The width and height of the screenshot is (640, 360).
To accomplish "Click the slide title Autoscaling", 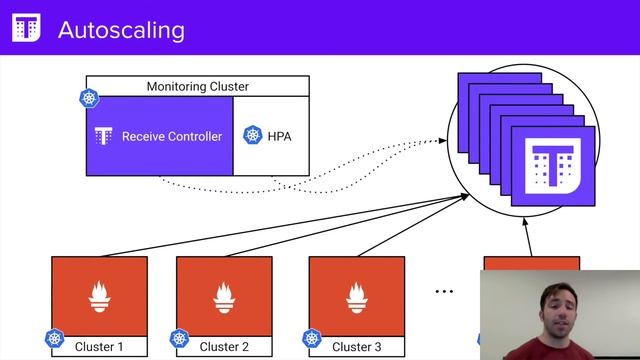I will (x=121, y=29).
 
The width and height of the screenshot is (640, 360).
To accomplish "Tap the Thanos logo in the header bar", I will (x=26, y=29).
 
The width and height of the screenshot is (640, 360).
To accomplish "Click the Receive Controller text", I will (x=172, y=136).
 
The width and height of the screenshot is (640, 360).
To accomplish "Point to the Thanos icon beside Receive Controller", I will (x=102, y=136).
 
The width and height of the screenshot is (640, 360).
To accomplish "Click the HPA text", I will (x=279, y=136).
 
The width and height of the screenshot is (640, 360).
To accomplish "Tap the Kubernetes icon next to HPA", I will (x=253, y=136).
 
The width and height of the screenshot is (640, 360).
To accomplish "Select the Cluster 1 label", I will (x=100, y=347).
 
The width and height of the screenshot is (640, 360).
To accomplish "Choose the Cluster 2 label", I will (x=224, y=347).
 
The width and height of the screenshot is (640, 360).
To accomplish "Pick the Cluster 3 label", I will (x=356, y=347).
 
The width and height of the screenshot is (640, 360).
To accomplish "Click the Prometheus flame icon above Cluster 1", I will (x=99, y=295).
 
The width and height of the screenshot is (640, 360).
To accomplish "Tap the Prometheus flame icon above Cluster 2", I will (x=224, y=295).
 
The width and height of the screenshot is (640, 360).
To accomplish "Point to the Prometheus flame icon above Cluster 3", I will (x=356, y=295).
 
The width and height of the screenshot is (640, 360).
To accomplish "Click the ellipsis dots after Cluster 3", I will (x=444, y=291).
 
